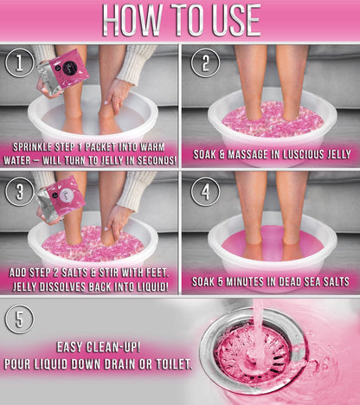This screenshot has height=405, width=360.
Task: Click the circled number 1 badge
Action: (x=19, y=63)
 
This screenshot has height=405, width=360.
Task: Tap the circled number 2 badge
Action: (x=205, y=63)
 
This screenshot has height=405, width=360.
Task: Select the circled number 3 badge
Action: (x=19, y=192)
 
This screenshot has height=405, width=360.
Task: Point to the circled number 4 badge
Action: (x=205, y=192)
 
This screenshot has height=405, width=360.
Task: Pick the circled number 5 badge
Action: (x=19, y=319)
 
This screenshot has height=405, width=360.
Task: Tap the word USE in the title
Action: (x=236, y=20)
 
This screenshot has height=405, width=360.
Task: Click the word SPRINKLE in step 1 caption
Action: (x=32, y=147)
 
